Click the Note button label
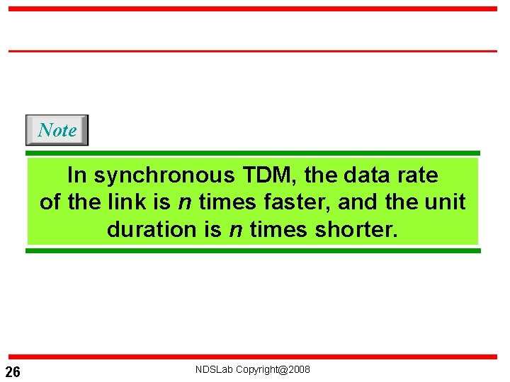point(57,130)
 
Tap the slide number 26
point(13,372)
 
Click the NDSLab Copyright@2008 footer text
point(253,369)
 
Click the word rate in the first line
point(416,175)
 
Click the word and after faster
point(358,202)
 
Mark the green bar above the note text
point(253,153)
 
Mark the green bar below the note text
point(253,250)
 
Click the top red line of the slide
point(253,9)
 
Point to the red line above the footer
point(253,357)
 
